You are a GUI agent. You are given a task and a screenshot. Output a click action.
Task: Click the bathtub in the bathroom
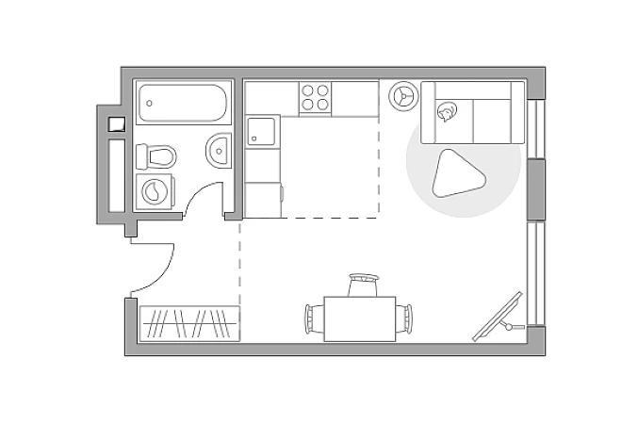[x=183, y=103]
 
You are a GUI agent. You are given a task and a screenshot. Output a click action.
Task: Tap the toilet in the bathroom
[x=157, y=155]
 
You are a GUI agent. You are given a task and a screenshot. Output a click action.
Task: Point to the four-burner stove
[x=316, y=97]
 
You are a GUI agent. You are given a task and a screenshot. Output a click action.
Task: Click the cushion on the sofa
[x=445, y=113]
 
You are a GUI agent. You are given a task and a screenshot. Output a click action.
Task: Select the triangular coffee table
[x=458, y=174]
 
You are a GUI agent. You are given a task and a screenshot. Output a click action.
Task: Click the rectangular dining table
[x=361, y=318]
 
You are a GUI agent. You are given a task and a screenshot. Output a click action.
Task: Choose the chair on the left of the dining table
[x=313, y=318]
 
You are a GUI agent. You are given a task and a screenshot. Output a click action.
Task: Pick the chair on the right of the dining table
[x=407, y=318]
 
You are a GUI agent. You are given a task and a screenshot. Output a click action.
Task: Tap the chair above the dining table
[x=362, y=285]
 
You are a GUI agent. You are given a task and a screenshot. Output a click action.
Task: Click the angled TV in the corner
[x=499, y=316]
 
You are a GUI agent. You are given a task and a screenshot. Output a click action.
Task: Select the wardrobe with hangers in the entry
[x=189, y=323]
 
